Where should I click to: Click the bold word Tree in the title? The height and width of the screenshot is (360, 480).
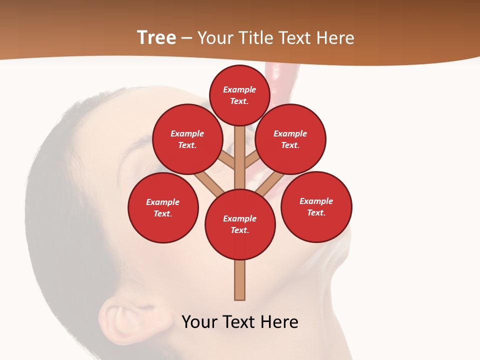[x=156, y=38]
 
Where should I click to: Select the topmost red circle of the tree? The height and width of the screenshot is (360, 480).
[x=239, y=95]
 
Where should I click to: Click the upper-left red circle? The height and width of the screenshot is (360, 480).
[x=187, y=139]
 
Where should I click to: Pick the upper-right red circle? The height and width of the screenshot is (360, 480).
[x=290, y=139]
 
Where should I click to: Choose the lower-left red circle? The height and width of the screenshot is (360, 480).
[x=163, y=207]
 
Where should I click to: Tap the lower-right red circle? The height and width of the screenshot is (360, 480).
[x=316, y=206]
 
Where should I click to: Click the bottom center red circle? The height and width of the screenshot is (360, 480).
[x=240, y=224]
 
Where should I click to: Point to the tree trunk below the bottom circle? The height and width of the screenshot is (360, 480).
[x=240, y=280]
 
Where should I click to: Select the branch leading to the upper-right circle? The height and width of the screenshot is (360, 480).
[x=251, y=160]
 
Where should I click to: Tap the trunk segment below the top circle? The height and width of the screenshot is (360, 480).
[x=240, y=150]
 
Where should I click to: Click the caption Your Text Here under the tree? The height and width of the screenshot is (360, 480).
[x=240, y=322]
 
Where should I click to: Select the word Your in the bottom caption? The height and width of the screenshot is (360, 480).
[x=200, y=322]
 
